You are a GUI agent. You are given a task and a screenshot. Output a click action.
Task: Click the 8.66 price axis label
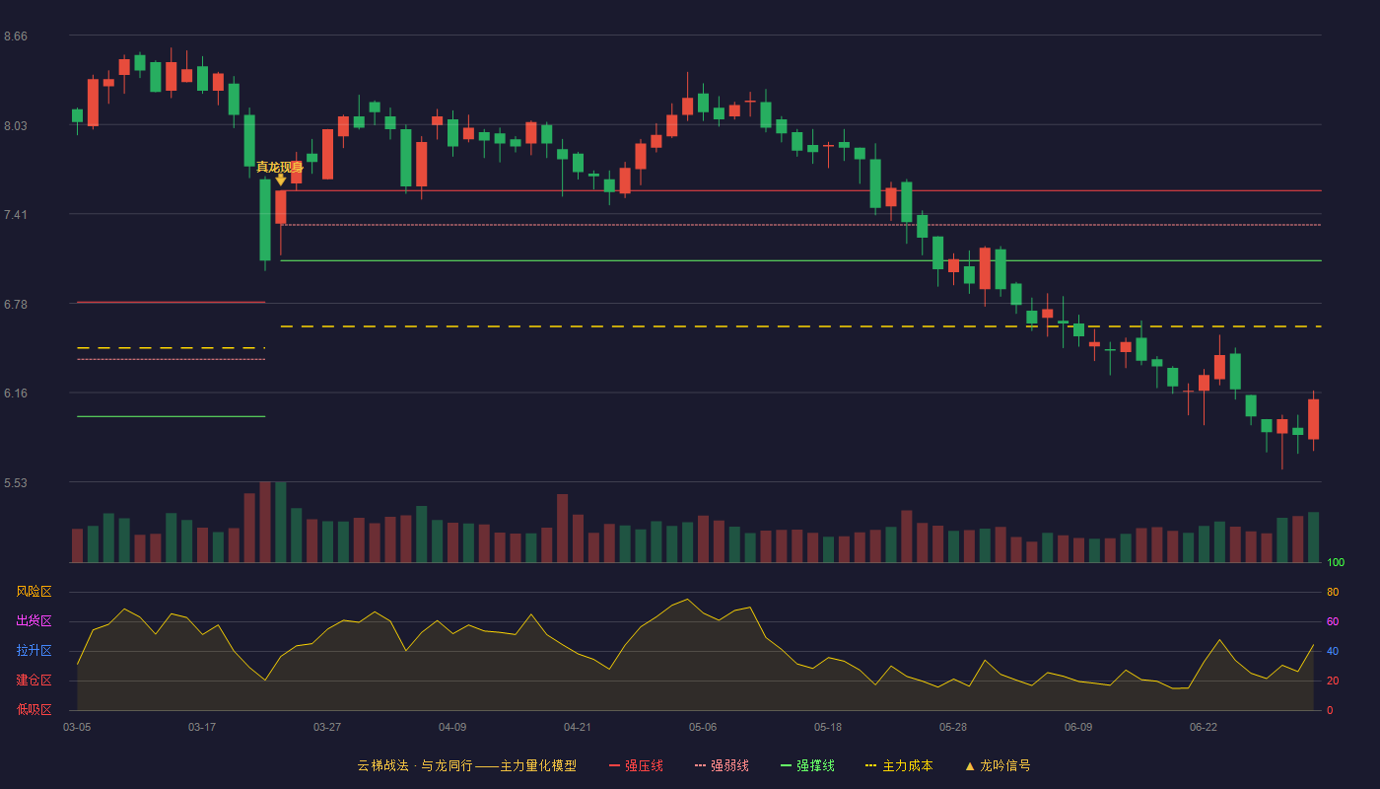[x=16, y=36]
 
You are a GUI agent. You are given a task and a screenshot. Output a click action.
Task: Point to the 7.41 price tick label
[x=16, y=215]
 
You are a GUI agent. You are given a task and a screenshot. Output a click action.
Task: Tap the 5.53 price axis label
[x=16, y=482]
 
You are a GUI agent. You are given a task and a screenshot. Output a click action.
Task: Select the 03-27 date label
[x=326, y=728]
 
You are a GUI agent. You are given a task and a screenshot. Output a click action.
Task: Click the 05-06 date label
[x=702, y=728]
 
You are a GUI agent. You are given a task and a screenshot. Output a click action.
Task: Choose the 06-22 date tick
[x=1204, y=728]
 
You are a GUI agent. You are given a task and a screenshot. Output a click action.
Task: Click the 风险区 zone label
[x=34, y=592]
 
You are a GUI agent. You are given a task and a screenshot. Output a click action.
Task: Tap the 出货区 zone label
[x=34, y=620]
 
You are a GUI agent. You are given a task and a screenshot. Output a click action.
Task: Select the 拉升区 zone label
[x=34, y=650]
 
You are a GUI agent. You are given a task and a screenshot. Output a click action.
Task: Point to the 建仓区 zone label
[x=34, y=680]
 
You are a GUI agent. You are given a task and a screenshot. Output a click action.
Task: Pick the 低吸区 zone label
[x=34, y=709]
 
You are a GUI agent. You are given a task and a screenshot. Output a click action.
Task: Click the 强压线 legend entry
[x=636, y=765]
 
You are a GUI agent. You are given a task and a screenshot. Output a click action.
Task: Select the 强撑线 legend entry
[x=807, y=765]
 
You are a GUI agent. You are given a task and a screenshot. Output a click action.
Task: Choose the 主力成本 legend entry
[x=899, y=765]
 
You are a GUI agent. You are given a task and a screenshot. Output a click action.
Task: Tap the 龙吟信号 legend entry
[x=998, y=765]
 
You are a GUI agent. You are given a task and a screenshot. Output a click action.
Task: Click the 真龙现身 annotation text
[x=280, y=167]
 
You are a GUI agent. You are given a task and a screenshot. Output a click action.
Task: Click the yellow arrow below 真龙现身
[x=280, y=179]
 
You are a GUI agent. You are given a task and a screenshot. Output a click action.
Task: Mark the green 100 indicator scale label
[x=1336, y=562]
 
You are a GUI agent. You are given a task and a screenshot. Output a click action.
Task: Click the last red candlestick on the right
[x=1313, y=419]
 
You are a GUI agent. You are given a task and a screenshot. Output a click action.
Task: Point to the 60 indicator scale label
[x=1333, y=621]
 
